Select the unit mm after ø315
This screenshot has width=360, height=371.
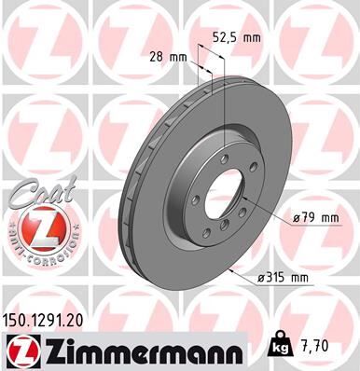[x=298, y=277]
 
